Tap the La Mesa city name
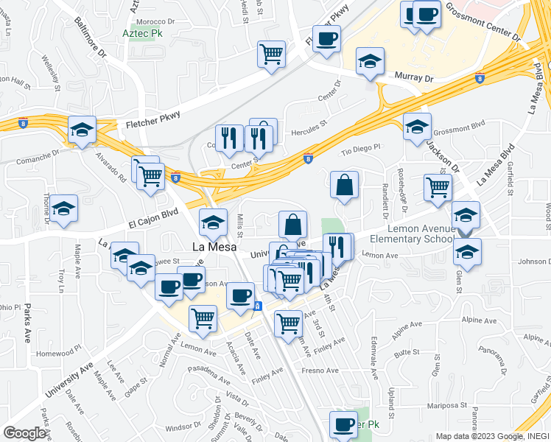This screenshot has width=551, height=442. point(214,248)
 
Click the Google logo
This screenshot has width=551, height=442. point(24,433)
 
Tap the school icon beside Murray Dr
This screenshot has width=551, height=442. point(371,62)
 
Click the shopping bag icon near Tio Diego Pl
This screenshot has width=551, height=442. point(344,186)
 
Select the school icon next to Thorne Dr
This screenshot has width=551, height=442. point(64,211)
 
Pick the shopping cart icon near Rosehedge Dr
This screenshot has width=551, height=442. point(438,189)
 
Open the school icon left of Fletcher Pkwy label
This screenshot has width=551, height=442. point(83,130)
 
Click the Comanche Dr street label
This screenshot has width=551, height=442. point(35,157)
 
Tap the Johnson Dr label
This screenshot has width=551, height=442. point(534,262)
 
